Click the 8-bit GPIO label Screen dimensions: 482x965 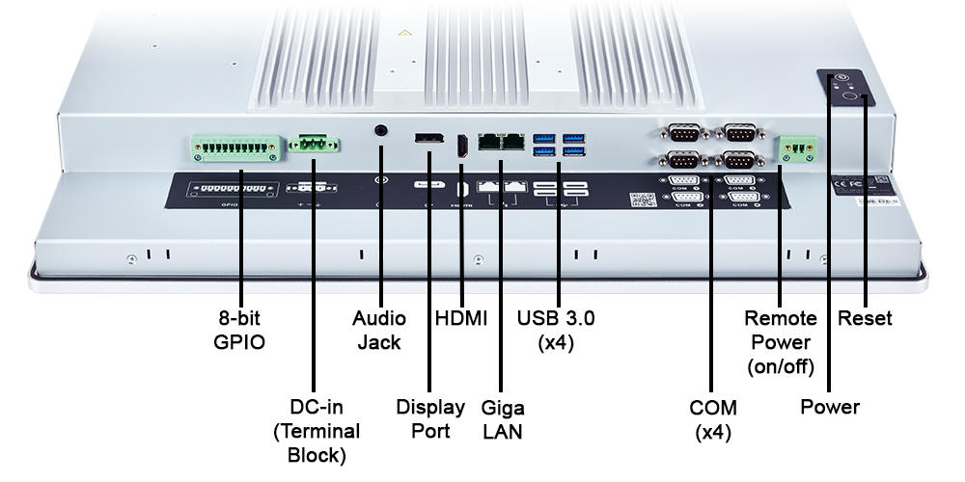click(x=239, y=330)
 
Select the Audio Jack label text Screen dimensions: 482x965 click(x=379, y=330)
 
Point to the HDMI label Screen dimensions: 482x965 click(x=461, y=318)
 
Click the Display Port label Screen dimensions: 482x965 click(x=430, y=418)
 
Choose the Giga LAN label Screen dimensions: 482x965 click(x=502, y=418)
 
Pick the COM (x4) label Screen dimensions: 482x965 click(x=714, y=418)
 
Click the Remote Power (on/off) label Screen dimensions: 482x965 click(x=781, y=342)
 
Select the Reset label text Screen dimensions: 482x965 click(x=866, y=318)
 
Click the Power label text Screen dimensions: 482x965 click(x=830, y=407)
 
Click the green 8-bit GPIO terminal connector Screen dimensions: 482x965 click(x=235, y=147)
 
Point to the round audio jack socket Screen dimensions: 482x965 click(x=381, y=129)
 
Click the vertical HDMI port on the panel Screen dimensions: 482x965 click(x=461, y=147)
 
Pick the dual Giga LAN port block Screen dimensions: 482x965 click(x=502, y=142)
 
